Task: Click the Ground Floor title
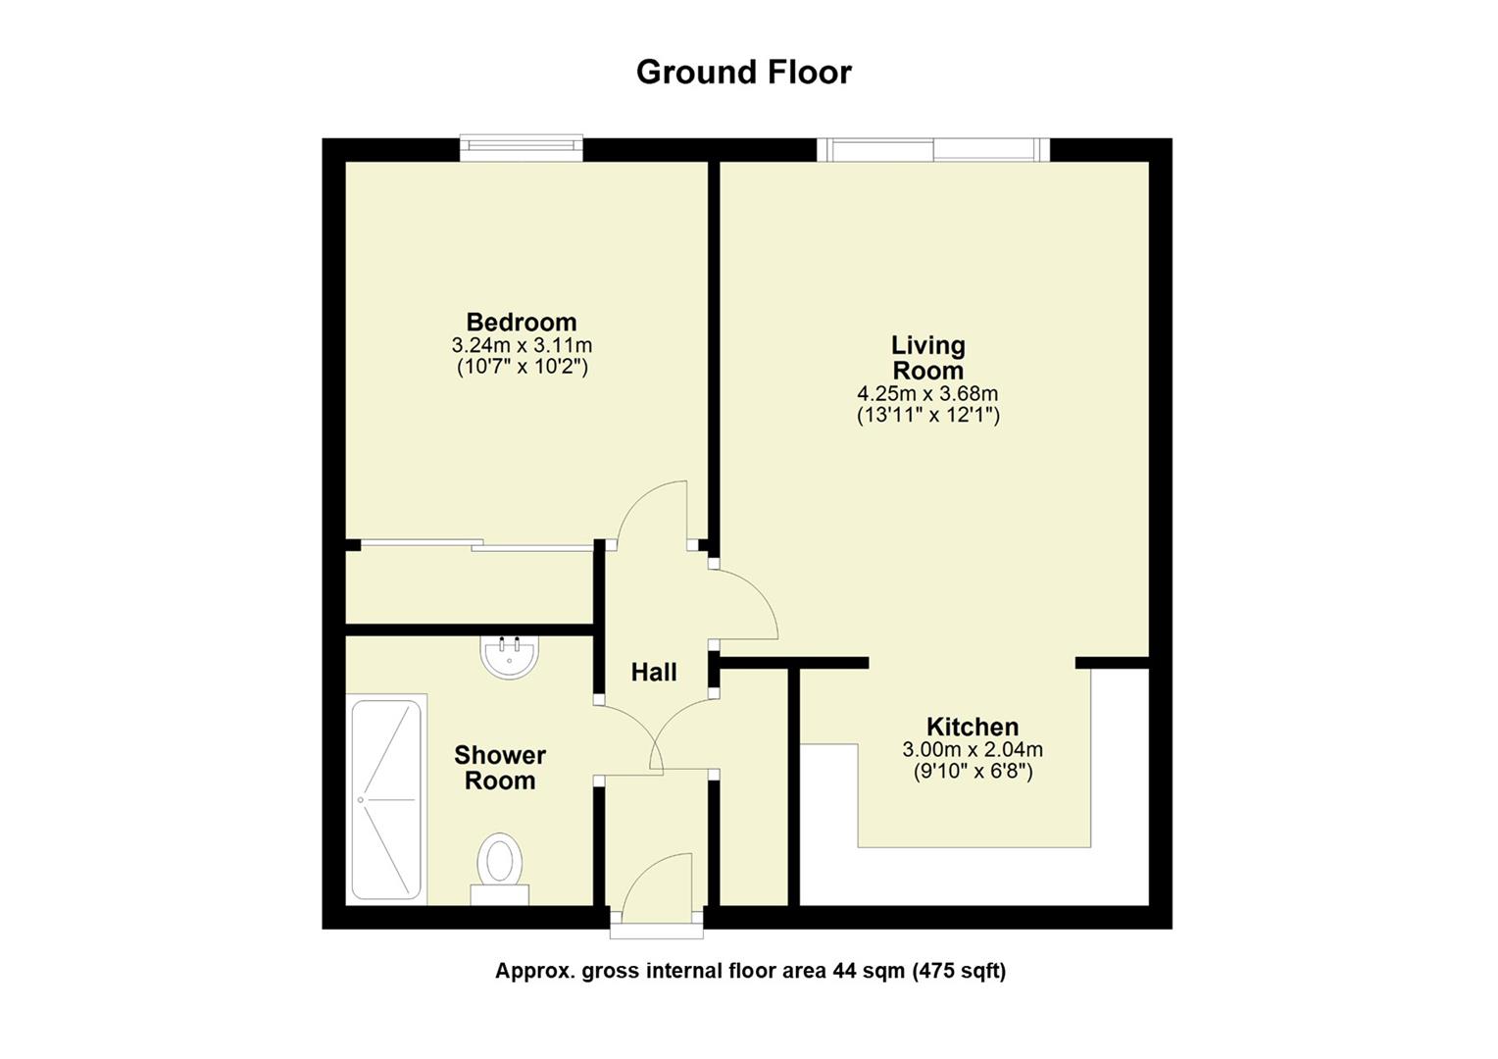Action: tap(744, 72)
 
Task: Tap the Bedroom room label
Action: tap(521, 322)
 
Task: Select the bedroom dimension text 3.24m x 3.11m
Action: tap(521, 345)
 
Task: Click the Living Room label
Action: tap(927, 358)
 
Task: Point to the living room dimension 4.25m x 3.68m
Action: tap(927, 393)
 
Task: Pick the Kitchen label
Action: tap(973, 727)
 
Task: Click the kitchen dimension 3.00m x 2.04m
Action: tap(973, 750)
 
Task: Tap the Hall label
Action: tap(654, 673)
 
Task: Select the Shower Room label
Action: tap(500, 768)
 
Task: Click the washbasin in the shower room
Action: tap(510, 656)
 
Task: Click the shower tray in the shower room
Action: tap(387, 799)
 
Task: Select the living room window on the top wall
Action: tap(933, 149)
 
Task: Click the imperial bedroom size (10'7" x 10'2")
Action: tap(523, 368)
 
